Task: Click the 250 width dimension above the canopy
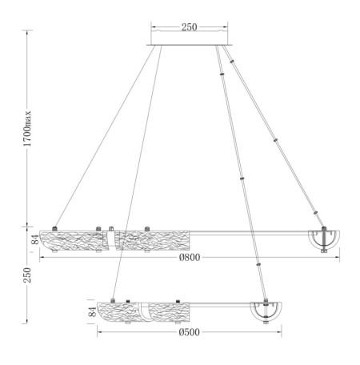(x=189, y=27)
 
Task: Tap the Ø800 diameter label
(x=189, y=259)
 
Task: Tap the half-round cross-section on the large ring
(x=323, y=238)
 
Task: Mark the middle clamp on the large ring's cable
(x=276, y=138)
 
